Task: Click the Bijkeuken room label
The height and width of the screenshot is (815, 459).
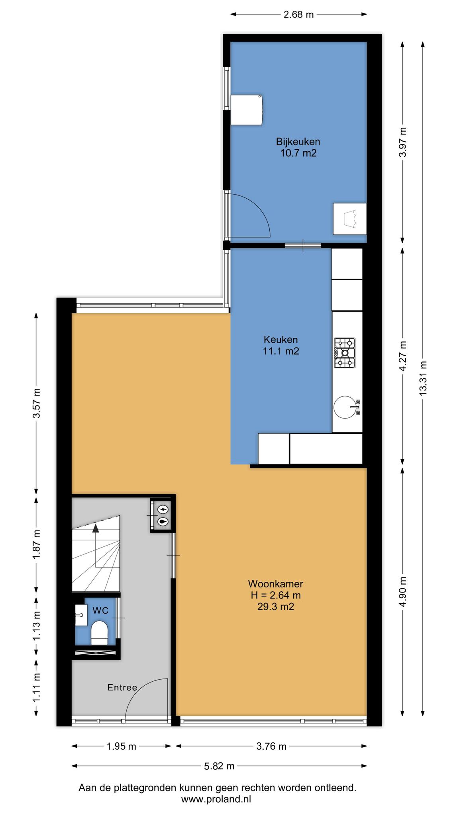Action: (298, 142)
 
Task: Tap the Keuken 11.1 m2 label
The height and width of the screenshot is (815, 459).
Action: (281, 345)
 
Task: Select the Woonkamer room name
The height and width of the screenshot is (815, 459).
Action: (276, 584)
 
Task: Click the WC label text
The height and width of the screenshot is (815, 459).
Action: (100, 610)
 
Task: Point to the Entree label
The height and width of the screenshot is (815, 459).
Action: (122, 687)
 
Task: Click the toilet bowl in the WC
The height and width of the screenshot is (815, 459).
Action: (99, 633)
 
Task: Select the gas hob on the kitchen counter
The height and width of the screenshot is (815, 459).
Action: (345, 353)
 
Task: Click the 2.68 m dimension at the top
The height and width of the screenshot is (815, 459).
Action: (299, 15)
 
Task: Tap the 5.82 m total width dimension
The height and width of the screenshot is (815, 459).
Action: (219, 766)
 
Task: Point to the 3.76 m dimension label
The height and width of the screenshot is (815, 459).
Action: (271, 746)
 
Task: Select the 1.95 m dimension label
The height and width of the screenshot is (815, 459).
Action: (122, 746)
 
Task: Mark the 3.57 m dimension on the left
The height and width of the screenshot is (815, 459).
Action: (36, 403)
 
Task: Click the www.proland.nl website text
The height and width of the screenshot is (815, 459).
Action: (216, 799)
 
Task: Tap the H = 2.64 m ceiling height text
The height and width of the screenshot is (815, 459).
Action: (276, 595)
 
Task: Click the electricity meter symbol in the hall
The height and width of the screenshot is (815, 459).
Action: (163, 509)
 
